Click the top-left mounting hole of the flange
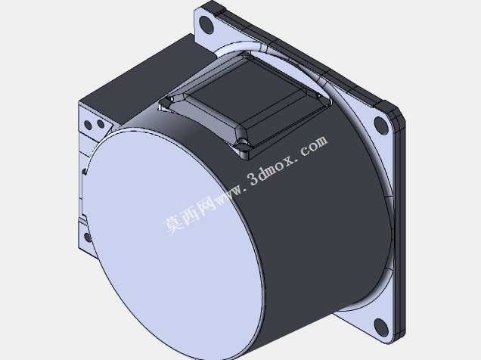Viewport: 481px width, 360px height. tap(206, 24)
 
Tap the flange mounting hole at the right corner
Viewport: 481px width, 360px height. tap(381, 126)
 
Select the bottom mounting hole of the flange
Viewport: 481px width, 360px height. tap(381, 327)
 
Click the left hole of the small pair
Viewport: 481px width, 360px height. tap(88, 125)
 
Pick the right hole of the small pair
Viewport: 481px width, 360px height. tap(101, 124)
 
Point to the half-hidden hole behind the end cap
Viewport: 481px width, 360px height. tap(88, 237)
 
